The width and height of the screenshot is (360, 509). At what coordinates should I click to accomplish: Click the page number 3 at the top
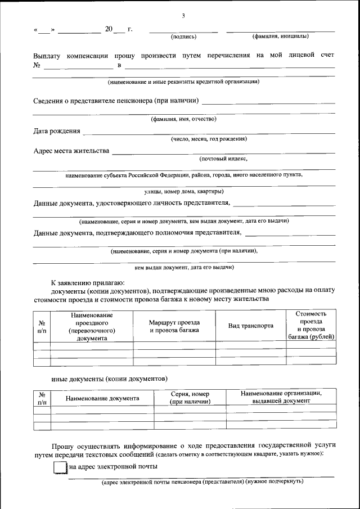(x=183, y=15)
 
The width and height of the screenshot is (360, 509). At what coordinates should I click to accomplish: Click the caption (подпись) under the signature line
(x=183, y=37)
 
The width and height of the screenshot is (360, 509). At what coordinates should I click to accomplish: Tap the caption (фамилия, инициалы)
(x=280, y=37)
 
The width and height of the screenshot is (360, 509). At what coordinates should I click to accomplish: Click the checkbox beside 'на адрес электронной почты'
(x=59, y=468)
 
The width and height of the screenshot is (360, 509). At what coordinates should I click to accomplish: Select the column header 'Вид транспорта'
(x=251, y=326)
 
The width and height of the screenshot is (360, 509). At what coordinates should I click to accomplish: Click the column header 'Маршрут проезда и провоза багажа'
(x=174, y=326)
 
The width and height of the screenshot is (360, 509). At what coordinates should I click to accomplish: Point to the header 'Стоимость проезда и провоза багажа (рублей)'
(x=311, y=325)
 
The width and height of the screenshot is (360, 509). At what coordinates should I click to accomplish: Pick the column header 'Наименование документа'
(x=102, y=398)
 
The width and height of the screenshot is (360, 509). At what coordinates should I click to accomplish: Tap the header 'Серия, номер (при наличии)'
(x=190, y=398)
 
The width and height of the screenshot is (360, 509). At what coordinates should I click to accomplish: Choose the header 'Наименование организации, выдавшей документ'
(x=281, y=397)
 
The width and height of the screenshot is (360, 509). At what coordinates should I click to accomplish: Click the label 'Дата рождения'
(x=56, y=132)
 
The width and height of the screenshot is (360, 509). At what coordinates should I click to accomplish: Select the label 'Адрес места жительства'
(x=71, y=151)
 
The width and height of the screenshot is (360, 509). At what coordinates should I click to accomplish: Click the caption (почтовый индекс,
(x=223, y=159)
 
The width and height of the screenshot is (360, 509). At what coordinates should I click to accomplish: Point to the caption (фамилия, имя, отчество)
(x=183, y=119)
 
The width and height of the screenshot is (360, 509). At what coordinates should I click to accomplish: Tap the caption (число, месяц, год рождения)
(x=209, y=139)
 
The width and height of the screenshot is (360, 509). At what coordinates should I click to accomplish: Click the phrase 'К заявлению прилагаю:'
(x=88, y=282)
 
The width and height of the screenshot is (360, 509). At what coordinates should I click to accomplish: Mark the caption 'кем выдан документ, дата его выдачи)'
(x=184, y=267)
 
